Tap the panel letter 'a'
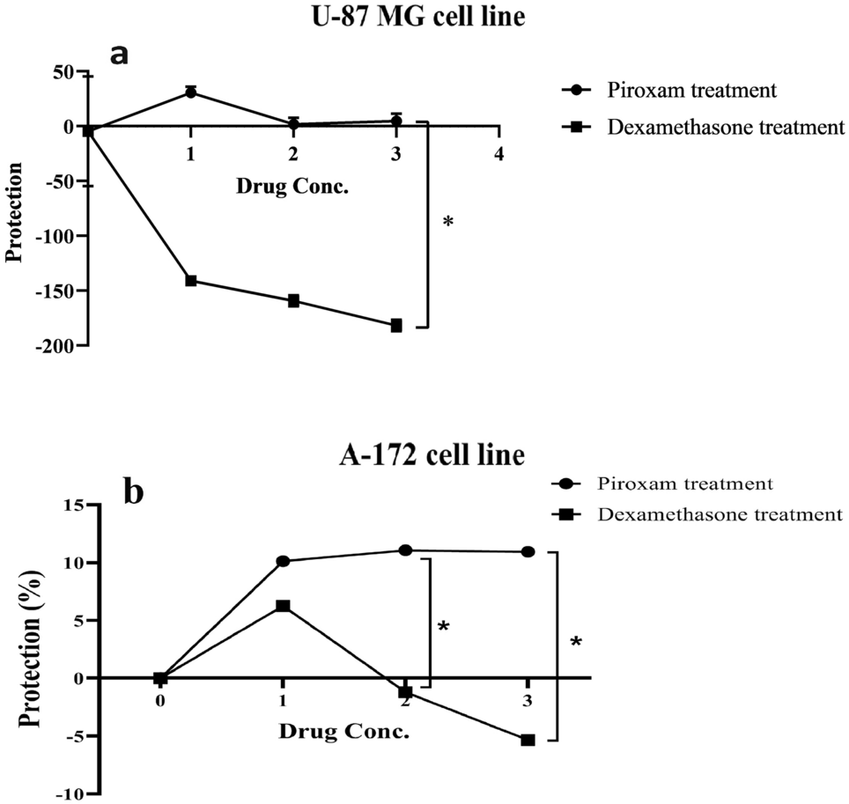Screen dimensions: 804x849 (119, 54)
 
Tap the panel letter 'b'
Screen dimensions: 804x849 (134, 491)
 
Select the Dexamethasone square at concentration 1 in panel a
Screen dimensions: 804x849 (190, 280)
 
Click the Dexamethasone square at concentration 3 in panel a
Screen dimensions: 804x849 (396, 326)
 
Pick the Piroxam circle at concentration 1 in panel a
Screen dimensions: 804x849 (190, 92)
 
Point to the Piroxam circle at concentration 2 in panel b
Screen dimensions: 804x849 (405, 550)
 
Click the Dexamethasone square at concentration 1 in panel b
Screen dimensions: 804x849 (283, 606)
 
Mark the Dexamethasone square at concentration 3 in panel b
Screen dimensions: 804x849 (528, 741)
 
